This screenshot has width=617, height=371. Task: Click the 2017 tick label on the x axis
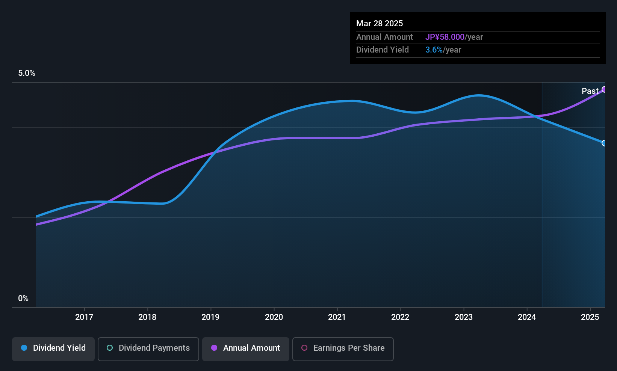(x=84, y=317)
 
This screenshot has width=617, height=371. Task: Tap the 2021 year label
(x=337, y=317)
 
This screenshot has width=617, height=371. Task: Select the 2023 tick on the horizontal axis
(x=463, y=317)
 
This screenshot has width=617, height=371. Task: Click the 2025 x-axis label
(x=590, y=317)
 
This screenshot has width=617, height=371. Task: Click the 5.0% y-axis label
(x=27, y=73)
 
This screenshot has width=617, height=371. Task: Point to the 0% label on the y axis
(x=23, y=299)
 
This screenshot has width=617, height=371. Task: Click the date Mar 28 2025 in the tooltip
(x=380, y=24)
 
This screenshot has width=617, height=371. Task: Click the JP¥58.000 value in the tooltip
(x=445, y=37)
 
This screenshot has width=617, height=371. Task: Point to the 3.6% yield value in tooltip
(x=434, y=50)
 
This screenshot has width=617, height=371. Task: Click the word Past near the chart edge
(x=590, y=91)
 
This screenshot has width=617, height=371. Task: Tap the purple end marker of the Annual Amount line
(x=604, y=89)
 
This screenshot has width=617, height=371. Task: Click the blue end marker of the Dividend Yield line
(x=604, y=143)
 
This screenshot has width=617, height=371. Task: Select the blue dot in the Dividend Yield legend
(x=24, y=348)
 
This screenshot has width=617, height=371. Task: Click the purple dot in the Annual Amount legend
(x=214, y=348)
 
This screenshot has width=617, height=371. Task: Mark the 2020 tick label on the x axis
(x=274, y=317)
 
